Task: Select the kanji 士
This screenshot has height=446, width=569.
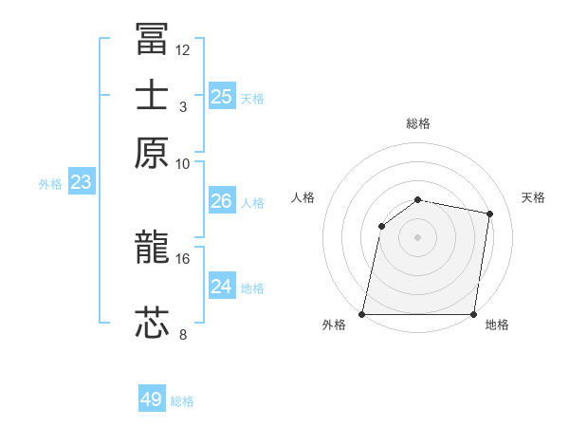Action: pos(152,96)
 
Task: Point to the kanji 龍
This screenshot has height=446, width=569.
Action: pos(152,248)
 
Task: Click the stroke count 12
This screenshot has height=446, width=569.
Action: pos(183,49)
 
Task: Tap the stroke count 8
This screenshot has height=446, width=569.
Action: pos(183,333)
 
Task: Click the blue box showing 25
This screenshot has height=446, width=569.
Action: pos(221,96)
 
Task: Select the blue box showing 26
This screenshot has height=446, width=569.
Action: pos(221,201)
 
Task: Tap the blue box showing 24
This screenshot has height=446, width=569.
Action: pos(221,286)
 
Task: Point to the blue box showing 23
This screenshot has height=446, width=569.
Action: pos(81,182)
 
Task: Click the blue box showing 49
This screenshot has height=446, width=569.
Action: pos(152,400)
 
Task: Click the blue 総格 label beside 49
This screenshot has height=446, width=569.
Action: pos(183,401)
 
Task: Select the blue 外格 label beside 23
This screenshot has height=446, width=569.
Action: pos(50,184)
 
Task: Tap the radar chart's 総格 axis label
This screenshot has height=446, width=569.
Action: pos(418,123)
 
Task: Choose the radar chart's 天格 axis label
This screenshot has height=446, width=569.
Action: pos(533,197)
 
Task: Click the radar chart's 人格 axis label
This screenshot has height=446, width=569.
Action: pos(303,197)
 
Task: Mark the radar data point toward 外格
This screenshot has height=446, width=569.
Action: pos(362,314)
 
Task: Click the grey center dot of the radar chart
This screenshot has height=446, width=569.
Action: pos(418,236)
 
